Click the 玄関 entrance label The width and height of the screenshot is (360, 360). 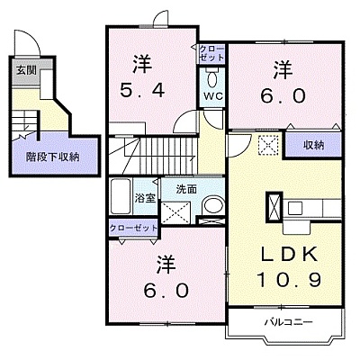click(x=26, y=70)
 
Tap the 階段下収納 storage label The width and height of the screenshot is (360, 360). click(x=53, y=157)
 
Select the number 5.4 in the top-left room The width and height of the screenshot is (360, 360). click(x=142, y=90)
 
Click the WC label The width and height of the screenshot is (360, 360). click(x=213, y=96)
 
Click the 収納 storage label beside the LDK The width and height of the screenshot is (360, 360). click(x=314, y=146)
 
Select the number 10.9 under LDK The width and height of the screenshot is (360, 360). click(x=289, y=280)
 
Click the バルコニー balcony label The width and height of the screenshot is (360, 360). click(x=289, y=322)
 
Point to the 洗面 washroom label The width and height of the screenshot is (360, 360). click(x=186, y=189)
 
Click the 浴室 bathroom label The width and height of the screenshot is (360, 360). click(x=145, y=198)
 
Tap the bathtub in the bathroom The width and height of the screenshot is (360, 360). click(x=121, y=196)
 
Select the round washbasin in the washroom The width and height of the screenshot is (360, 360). click(x=213, y=206)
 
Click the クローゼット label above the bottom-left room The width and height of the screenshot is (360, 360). click(x=133, y=228)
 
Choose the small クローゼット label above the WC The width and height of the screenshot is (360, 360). click(x=211, y=53)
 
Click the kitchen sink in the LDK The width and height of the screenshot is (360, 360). click(x=296, y=208)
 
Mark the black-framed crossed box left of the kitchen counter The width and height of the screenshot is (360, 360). click(x=274, y=208)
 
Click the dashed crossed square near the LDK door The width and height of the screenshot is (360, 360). click(x=268, y=144)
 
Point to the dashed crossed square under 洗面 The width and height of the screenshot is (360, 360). click(x=175, y=212)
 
